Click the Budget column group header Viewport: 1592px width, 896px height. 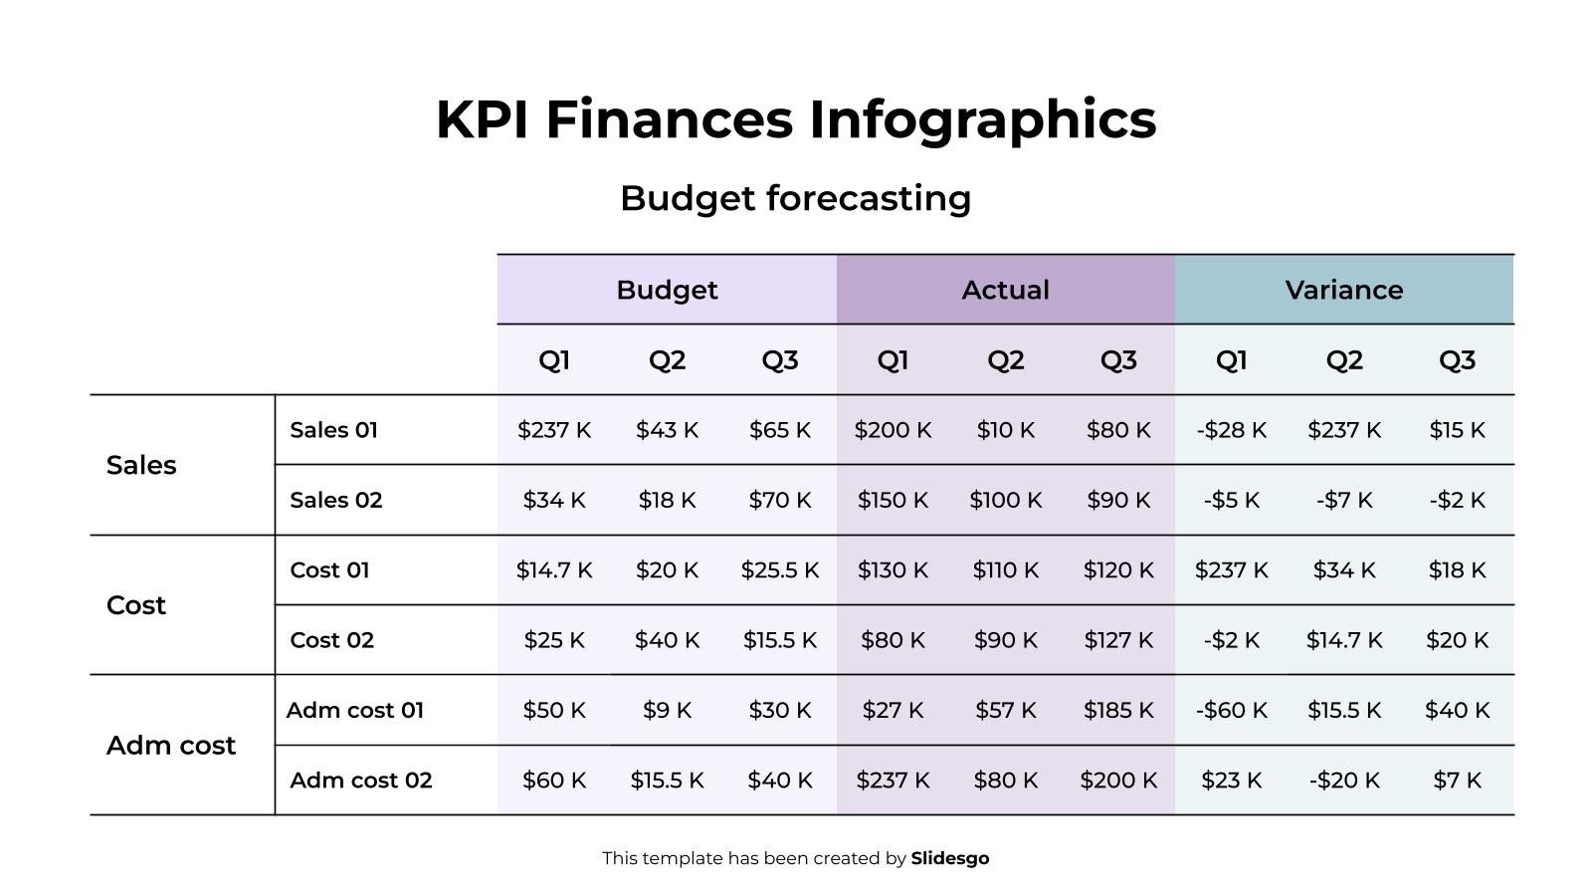click(667, 290)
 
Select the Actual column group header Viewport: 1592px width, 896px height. click(1005, 290)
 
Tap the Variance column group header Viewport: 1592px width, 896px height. click(1343, 290)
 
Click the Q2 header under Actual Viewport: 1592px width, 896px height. click(1005, 360)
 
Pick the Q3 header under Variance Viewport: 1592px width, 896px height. click(1457, 360)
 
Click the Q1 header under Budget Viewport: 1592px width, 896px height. click(554, 360)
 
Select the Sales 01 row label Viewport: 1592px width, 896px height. click(333, 430)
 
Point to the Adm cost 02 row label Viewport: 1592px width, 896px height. click(360, 781)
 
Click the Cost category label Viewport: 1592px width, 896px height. click(136, 605)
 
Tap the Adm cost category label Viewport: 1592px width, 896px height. click(171, 746)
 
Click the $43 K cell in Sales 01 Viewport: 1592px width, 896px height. click(667, 430)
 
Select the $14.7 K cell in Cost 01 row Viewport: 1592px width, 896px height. click(554, 570)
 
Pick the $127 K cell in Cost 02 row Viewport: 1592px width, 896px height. click(1118, 640)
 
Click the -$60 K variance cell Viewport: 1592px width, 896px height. click(1231, 711)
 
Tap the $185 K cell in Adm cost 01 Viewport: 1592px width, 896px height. click(1118, 711)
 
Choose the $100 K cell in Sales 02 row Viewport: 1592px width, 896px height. click(1005, 500)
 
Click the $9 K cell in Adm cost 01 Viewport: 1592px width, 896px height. click(667, 711)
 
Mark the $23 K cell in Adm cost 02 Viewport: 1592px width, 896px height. click(1231, 781)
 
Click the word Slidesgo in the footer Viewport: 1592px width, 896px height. click(949, 858)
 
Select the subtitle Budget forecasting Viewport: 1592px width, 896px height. click(796, 198)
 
